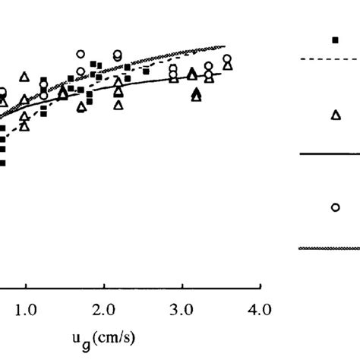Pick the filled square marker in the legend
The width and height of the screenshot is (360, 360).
335,39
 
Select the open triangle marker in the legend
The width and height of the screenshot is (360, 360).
336,115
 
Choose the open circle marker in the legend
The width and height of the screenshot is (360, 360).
335,207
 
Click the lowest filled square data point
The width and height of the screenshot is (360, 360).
2,163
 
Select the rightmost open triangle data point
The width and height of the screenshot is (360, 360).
227,65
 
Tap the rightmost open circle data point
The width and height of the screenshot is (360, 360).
226,58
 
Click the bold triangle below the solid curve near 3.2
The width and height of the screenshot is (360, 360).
197,94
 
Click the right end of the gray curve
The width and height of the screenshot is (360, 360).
226,46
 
